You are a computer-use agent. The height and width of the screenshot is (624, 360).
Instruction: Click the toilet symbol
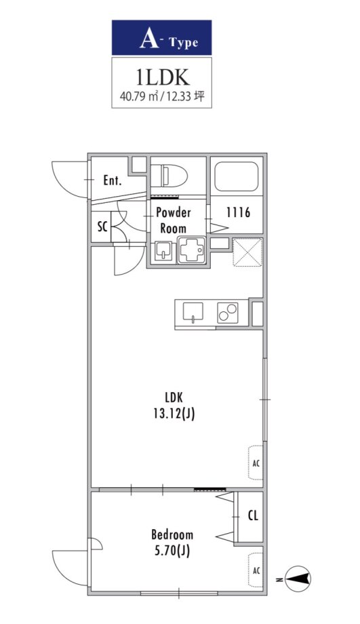(x=169, y=176)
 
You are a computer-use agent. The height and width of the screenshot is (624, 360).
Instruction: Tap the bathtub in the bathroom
(x=237, y=176)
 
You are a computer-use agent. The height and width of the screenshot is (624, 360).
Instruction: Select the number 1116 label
(x=238, y=212)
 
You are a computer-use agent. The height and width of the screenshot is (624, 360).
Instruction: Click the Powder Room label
(x=173, y=220)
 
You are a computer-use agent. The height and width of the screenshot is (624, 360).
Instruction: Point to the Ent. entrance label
(x=112, y=180)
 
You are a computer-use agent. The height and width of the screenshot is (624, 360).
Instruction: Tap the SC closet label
(x=102, y=227)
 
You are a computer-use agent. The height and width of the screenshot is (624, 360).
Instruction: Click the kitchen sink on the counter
(x=193, y=311)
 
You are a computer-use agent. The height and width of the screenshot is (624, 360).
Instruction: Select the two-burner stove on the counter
(x=228, y=313)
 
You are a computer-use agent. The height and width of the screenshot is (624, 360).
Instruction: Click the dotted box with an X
(x=247, y=252)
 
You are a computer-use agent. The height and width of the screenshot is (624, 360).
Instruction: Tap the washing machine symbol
(x=192, y=250)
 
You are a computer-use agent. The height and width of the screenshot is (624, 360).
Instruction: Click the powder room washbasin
(x=163, y=251)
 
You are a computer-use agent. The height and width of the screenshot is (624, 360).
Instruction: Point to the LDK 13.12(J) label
(x=174, y=406)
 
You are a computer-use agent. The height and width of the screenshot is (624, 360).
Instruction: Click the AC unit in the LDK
(x=256, y=463)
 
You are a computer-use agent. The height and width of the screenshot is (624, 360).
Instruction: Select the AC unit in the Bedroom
(x=256, y=570)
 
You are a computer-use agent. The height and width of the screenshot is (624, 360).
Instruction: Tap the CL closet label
(x=253, y=515)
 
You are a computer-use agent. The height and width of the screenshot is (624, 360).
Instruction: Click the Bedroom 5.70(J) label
(x=172, y=543)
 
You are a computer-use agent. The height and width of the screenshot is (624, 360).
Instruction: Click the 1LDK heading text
(x=162, y=78)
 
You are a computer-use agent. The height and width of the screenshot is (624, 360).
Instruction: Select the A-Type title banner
(x=161, y=37)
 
